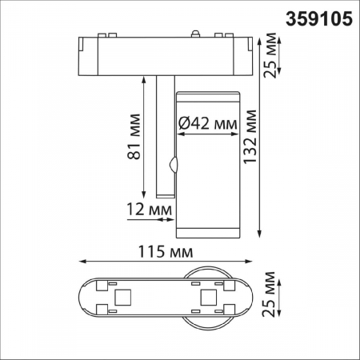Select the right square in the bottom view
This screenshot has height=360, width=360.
tap(207, 298)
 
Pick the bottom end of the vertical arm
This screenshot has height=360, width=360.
tap(164, 194)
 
